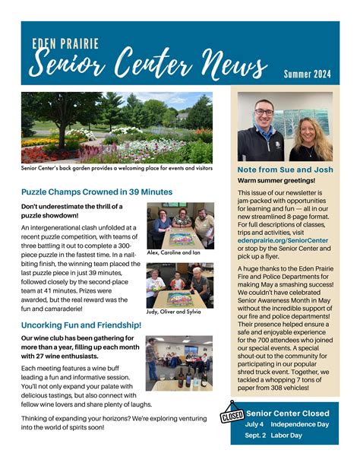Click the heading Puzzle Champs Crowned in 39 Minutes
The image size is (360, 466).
[x=96, y=192]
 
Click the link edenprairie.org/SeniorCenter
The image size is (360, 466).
[x=283, y=240]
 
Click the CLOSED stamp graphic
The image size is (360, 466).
[x=232, y=416]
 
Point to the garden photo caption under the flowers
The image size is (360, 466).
[x=117, y=168]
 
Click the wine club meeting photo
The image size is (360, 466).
[x=179, y=363]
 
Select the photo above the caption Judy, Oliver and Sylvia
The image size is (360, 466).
[x=179, y=284]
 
